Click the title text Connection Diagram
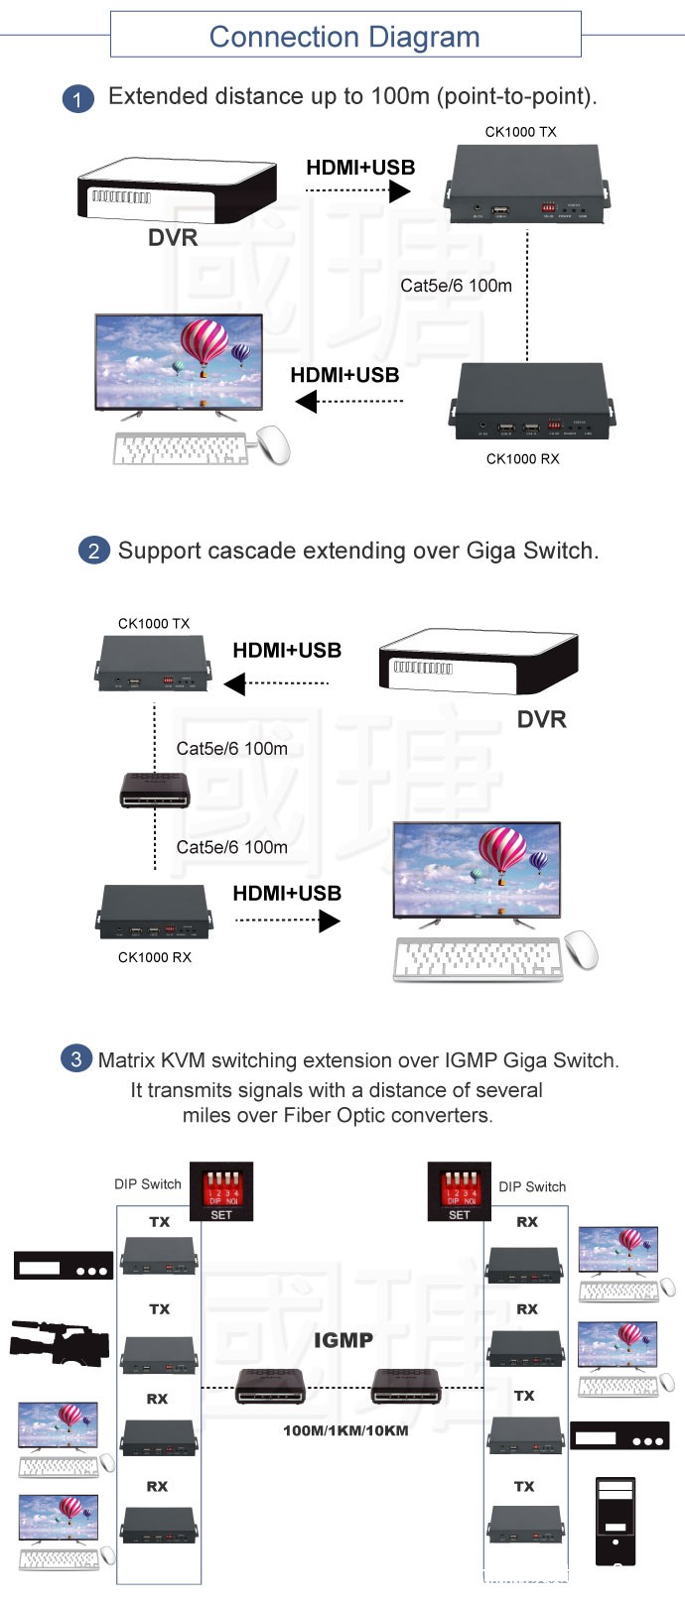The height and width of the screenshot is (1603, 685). (x=344, y=37)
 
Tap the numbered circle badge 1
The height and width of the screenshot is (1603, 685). (x=77, y=98)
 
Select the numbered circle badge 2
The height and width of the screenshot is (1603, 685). (x=93, y=551)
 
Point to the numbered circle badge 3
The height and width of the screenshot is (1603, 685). (x=76, y=1058)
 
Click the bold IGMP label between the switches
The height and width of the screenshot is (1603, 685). (x=343, y=1340)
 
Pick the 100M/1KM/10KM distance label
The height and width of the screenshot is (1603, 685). (x=345, y=1430)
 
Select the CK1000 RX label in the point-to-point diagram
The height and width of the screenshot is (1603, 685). (x=522, y=458)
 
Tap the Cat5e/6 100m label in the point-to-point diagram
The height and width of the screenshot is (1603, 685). (x=456, y=286)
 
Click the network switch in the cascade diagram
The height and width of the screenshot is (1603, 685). (x=155, y=790)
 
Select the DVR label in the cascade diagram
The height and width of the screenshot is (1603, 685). (x=541, y=719)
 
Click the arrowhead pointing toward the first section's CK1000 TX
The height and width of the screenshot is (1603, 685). (x=400, y=190)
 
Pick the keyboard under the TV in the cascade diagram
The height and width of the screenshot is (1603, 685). (x=479, y=959)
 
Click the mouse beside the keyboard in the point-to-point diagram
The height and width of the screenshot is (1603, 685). (x=273, y=444)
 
